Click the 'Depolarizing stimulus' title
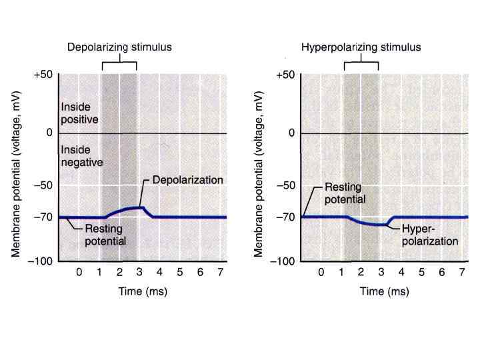click(119, 47)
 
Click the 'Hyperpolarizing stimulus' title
click(361, 47)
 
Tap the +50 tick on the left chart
click(43, 75)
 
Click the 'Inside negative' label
click(81, 156)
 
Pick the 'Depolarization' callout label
click(188, 180)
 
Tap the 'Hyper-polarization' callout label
click(431, 235)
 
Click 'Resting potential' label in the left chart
click(105, 235)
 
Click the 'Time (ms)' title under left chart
click(143, 291)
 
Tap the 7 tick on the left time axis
click(221, 273)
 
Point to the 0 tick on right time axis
click(321, 273)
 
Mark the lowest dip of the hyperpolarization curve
click(382, 225)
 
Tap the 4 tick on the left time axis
click(160, 273)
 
